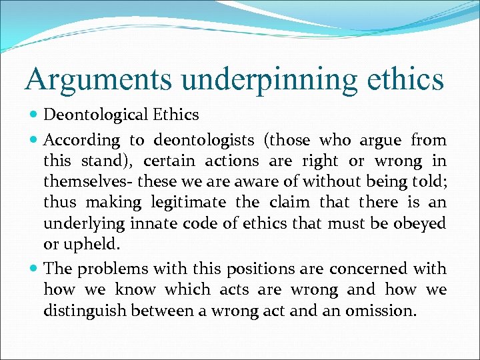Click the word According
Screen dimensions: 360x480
(x=82, y=141)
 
